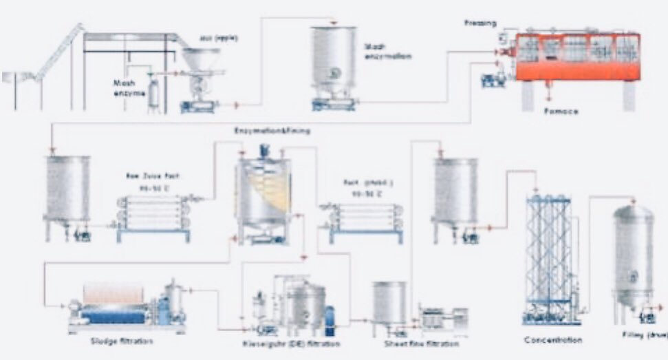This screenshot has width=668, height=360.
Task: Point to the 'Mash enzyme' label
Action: point(130,87)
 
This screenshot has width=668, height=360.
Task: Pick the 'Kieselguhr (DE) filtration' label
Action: point(291,342)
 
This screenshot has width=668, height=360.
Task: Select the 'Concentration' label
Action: point(552,340)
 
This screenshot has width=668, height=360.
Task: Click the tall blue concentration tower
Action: point(548,255)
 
